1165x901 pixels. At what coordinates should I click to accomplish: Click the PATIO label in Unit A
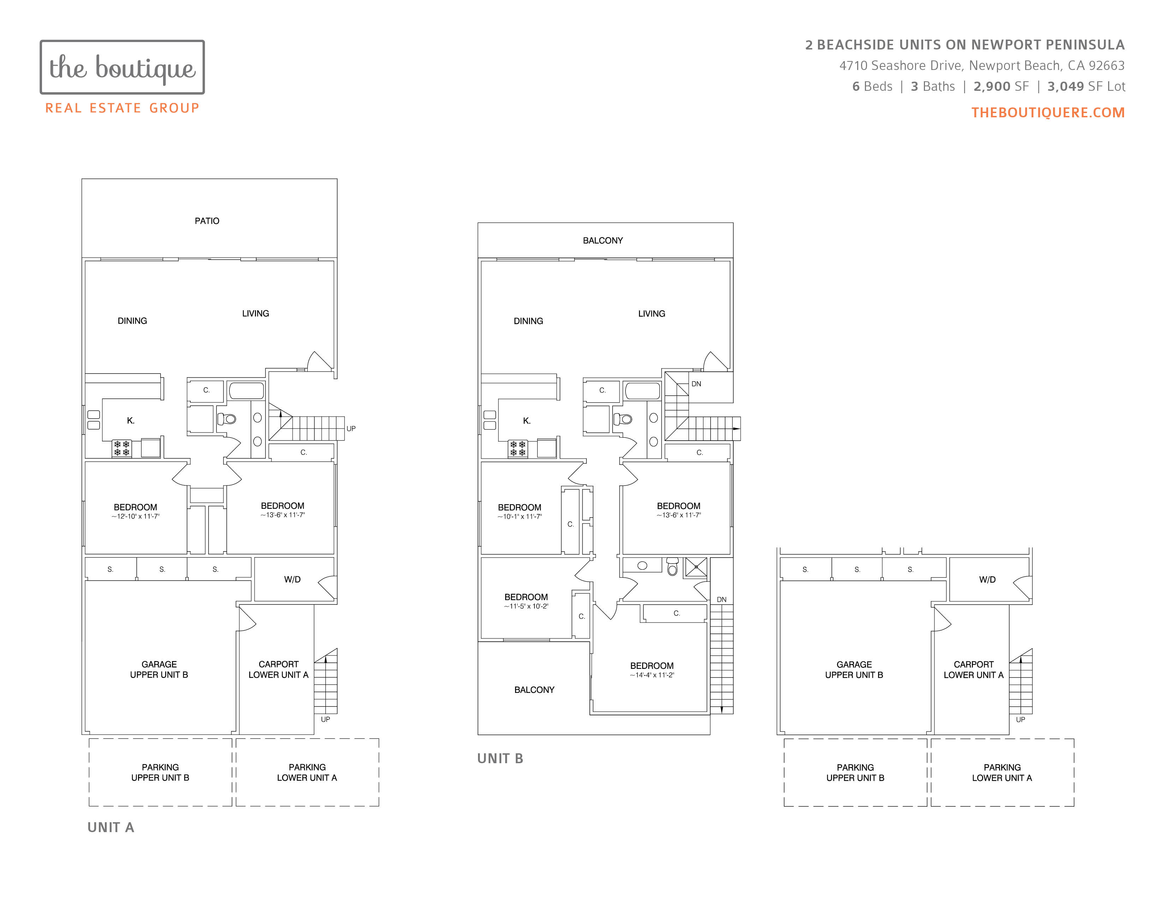pos(207,221)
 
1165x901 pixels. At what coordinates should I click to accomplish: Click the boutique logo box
pos(122,67)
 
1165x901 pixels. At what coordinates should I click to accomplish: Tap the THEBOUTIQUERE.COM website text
pos(1048,113)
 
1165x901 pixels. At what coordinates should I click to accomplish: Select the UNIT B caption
pos(500,759)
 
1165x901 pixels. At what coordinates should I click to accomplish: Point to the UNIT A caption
pos(111,828)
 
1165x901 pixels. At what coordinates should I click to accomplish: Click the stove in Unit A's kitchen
pos(122,448)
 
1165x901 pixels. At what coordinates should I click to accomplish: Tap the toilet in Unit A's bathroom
pos(227,419)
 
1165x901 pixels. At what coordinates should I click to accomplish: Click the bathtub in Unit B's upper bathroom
pos(643,391)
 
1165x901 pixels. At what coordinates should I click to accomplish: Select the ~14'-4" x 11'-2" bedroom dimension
pos(652,675)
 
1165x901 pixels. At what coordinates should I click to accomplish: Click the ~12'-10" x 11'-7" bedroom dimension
pos(136,517)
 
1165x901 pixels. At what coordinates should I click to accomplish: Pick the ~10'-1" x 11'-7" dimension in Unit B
pos(520,517)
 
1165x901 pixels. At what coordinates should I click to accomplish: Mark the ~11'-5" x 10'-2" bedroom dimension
pos(526,606)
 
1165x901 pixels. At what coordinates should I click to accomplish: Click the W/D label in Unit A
pos(292,580)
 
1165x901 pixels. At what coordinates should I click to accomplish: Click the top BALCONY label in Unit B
pos(603,241)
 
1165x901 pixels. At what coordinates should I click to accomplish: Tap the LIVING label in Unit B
pos(651,314)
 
